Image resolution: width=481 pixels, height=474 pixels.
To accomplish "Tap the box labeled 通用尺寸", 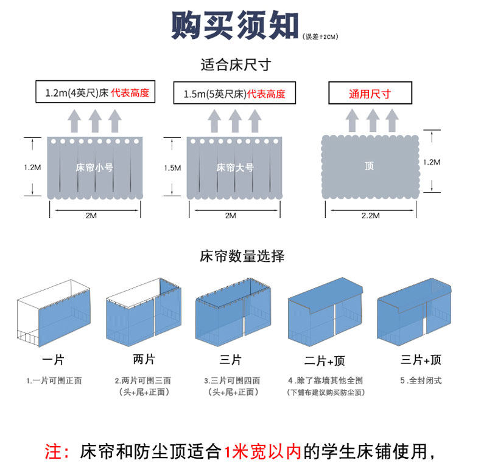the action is tap(370, 94).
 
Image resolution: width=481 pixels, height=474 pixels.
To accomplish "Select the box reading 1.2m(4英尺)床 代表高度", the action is tap(97, 94).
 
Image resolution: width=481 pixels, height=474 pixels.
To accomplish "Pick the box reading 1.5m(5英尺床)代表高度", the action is tap(234, 94).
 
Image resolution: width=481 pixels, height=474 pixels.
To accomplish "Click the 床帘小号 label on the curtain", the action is tap(94, 167).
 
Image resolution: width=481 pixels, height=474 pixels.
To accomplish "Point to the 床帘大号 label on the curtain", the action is tap(234, 167).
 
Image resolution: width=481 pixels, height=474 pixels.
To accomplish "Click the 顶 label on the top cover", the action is tap(370, 165).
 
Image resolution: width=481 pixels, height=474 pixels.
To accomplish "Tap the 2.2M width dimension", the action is tap(370, 215).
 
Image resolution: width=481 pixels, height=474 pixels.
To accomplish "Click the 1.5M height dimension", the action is tap(172, 167).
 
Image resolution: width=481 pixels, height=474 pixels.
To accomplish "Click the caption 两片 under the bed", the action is tap(143, 358).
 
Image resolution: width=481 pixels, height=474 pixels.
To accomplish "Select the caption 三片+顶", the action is tap(421, 360).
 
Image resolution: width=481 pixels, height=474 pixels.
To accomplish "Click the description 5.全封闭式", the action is tap(421, 380).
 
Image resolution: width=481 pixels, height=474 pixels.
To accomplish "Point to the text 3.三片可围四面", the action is tap(232, 380).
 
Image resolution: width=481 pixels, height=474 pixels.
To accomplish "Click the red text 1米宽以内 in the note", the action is tap(262, 452).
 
